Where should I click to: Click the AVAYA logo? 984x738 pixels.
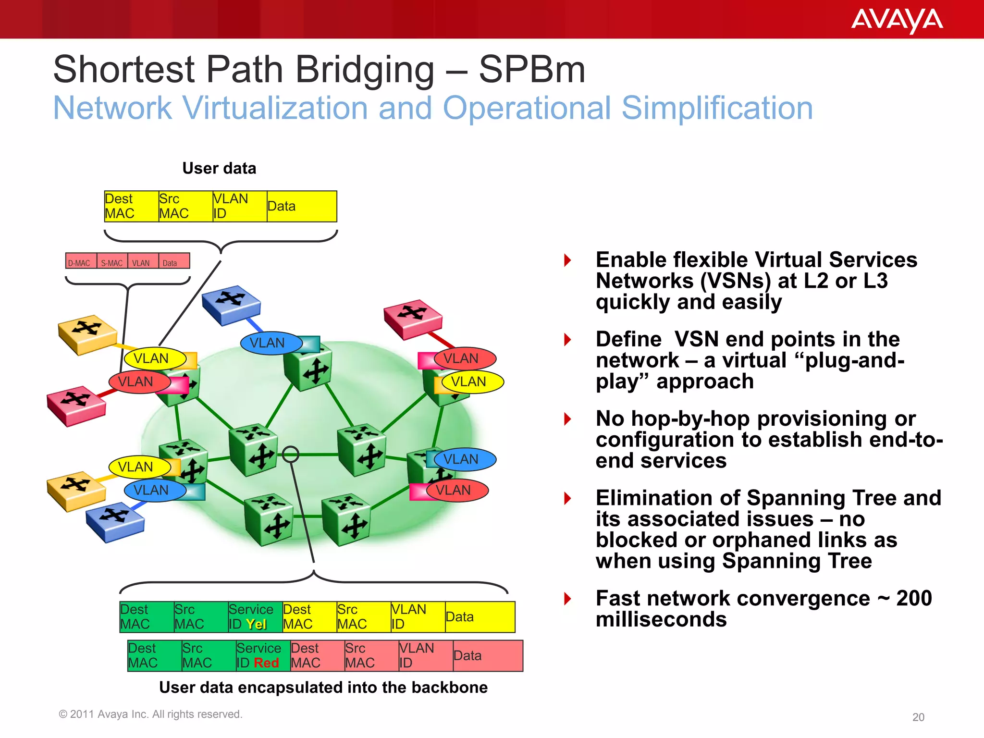(x=897, y=20)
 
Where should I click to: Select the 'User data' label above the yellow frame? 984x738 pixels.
(x=219, y=168)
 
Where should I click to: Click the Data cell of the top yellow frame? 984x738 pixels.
(x=301, y=206)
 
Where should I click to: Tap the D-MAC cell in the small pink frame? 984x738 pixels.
(x=80, y=262)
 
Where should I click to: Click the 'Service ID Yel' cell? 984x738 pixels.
(x=255, y=617)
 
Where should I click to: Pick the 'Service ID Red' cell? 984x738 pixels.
(x=262, y=655)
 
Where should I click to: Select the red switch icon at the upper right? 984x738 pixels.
(x=413, y=317)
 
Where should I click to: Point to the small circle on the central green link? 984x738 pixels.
(x=291, y=454)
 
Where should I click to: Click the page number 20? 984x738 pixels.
(x=918, y=717)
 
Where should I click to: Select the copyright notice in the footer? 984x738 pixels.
(x=150, y=714)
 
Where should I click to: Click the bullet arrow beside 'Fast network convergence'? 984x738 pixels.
(x=567, y=599)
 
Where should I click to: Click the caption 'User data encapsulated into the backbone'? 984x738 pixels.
(x=323, y=687)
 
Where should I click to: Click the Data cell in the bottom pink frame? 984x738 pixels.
(x=487, y=655)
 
